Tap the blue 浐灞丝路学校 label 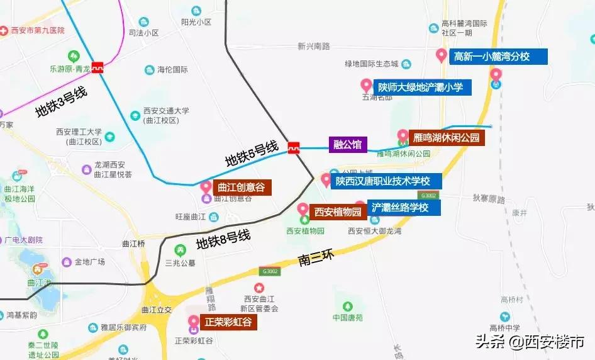tap(404, 207)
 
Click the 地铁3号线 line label tap(60, 103)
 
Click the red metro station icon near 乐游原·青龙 tap(97, 67)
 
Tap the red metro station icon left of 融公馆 tap(294, 148)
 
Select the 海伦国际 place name tap(172, 70)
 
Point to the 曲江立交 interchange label tap(157, 310)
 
